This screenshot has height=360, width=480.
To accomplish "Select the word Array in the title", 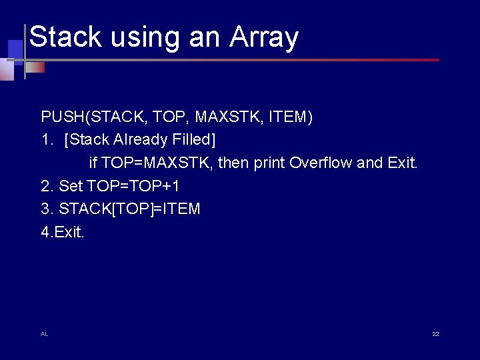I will [264, 38].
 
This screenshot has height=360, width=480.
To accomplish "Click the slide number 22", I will [435, 333].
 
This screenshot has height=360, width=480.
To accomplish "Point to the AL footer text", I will [44, 333].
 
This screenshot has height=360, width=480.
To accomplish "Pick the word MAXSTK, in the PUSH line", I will [229, 117].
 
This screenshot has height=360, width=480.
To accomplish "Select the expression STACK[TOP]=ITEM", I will [129, 209].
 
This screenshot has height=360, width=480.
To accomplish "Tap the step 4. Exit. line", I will [63, 232].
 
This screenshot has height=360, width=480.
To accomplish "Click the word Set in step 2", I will [71, 185].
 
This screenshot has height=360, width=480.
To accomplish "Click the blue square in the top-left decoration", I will [15, 49].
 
